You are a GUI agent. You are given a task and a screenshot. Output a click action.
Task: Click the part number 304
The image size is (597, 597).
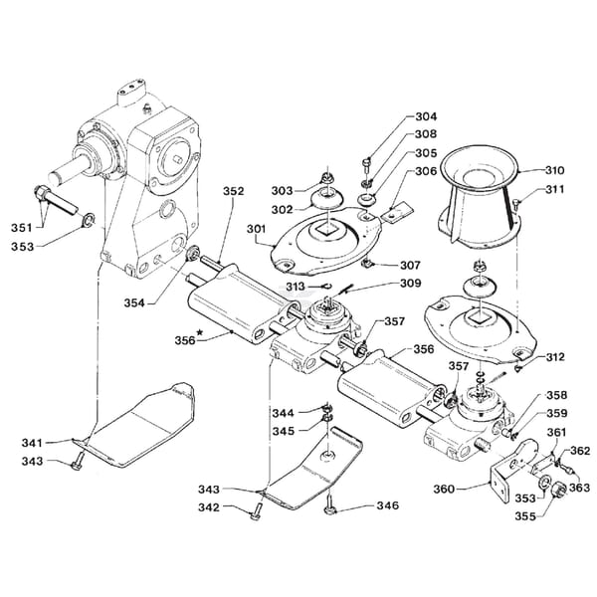click(426, 116)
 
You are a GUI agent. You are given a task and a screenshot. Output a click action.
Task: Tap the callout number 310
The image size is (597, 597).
click(554, 170)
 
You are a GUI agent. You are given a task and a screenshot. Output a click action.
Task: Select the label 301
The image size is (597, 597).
click(257, 229)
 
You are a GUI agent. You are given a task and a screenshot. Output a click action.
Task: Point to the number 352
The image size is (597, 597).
click(233, 191)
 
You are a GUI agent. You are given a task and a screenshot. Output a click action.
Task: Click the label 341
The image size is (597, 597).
click(32, 443)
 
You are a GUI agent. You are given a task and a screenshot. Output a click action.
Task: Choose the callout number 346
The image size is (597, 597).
click(388, 505)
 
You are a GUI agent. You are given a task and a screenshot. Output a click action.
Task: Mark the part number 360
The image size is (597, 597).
click(444, 489)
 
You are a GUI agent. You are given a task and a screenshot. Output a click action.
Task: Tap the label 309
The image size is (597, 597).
click(410, 283)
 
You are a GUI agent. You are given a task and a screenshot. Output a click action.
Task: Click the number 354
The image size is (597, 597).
click(134, 303)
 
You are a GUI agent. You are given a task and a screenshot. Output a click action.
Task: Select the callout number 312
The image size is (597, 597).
click(555, 357)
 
